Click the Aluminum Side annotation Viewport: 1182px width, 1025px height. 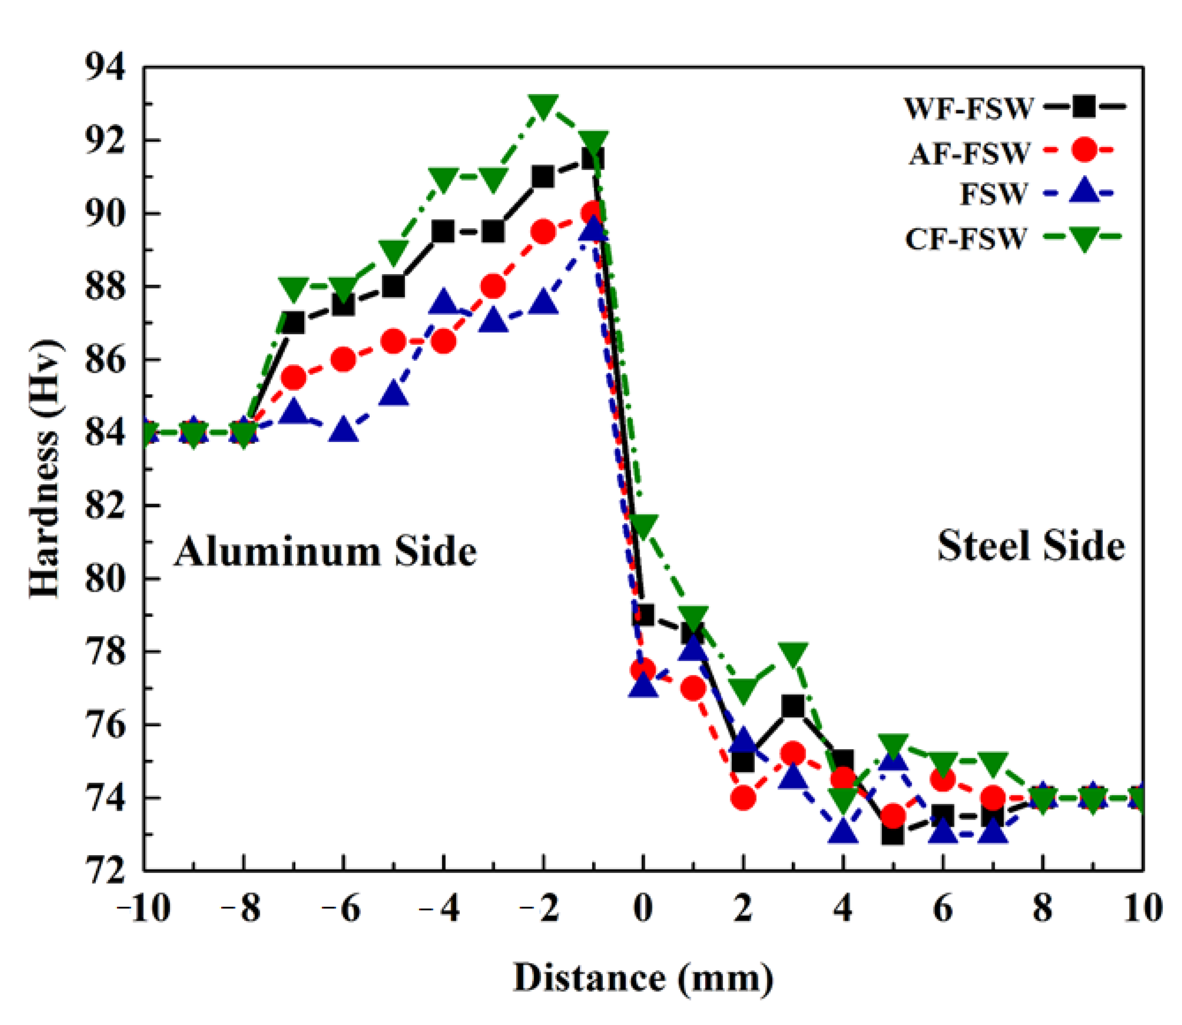(x=325, y=552)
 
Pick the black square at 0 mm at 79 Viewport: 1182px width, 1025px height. (x=643, y=615)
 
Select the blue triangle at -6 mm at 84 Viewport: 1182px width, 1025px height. (x=343, y=430)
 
